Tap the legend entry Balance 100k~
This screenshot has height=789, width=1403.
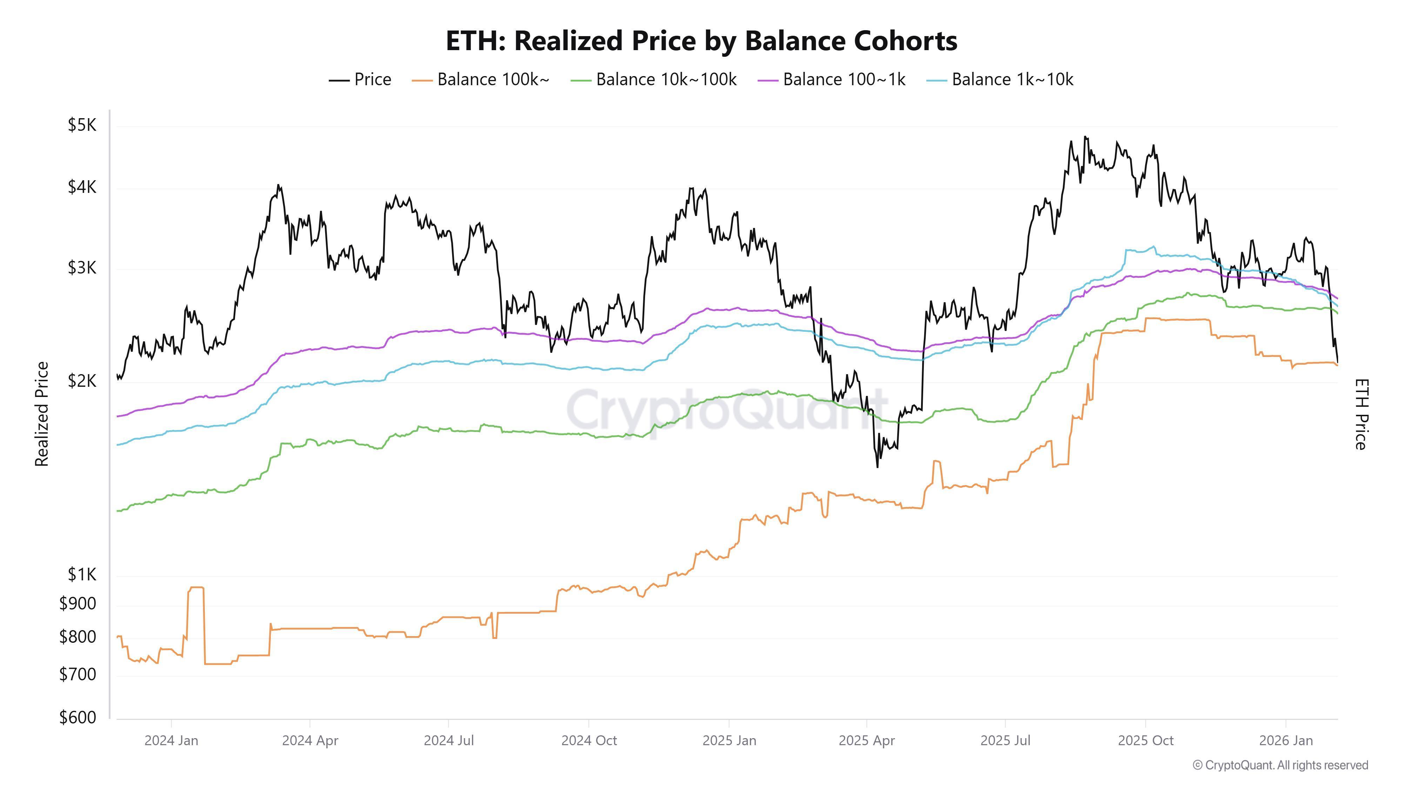481,80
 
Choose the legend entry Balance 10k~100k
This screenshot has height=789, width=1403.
653,80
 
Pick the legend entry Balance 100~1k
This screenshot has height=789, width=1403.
831,80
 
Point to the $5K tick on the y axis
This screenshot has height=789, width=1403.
82,125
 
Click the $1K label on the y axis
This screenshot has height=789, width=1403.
82,574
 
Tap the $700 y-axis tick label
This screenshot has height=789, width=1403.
77,675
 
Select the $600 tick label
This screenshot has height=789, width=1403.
77,718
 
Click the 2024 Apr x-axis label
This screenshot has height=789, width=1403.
310,741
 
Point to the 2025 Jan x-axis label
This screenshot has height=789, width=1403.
729,741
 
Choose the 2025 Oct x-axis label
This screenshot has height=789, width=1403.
1146,741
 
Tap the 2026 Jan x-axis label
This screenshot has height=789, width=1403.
1286,741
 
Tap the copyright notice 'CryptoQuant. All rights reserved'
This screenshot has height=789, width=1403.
1280,765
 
